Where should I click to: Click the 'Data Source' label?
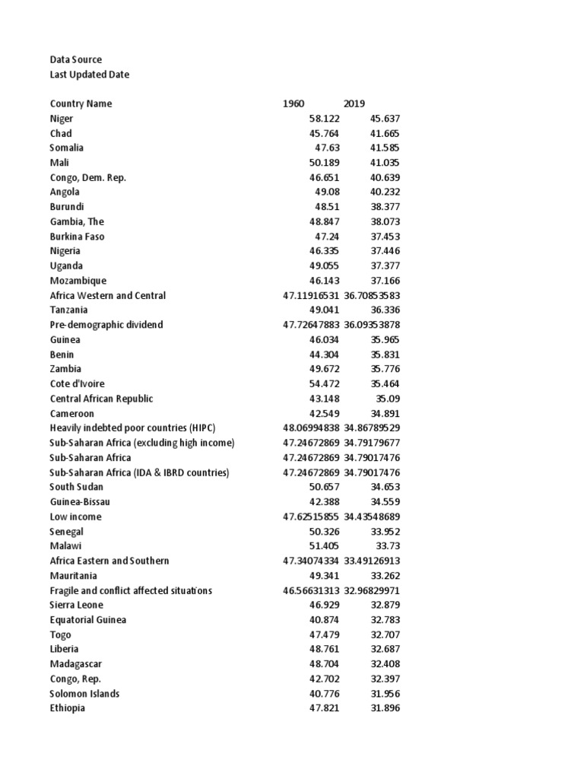(x=75, y=59)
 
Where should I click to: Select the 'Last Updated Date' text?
(x=89, y=75)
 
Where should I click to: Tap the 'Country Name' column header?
(x=81, y=103)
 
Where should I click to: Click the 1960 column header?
(x=294, y=103)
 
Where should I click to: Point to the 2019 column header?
(x=354, y=103)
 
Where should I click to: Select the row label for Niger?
(x=62, y=119)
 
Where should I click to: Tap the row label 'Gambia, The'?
(x=76, y=221)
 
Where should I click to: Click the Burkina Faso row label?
(x=77, y=237)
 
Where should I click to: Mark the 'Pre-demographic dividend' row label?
(x=106, y=325)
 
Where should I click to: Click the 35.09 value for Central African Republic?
(x=388, y=399)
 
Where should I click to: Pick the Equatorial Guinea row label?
(x=87, y=620)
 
